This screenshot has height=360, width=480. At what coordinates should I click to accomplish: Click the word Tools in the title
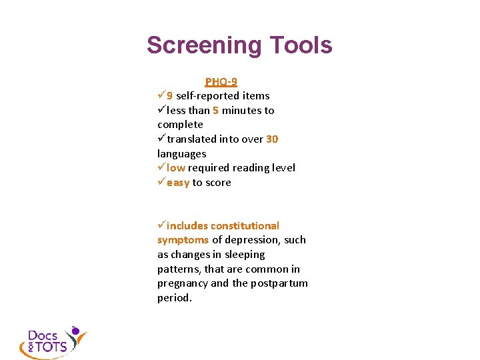301,45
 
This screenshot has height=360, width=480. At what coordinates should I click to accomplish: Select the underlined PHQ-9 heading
221,82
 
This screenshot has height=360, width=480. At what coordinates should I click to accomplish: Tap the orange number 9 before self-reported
170,96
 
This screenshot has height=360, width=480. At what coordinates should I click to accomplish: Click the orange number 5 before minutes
216,111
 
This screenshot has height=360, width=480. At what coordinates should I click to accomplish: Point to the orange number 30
272,139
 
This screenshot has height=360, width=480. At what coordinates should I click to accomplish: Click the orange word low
176,168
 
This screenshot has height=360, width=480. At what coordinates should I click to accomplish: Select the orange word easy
178,183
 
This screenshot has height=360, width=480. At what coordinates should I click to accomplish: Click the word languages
182,154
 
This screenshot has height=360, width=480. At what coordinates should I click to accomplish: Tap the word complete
180,125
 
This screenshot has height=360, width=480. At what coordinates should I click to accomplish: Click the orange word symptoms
183,240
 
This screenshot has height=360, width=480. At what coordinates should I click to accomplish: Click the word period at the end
174,298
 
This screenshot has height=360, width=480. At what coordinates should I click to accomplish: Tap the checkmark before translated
161,139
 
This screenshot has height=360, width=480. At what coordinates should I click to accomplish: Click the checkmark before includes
161,226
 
